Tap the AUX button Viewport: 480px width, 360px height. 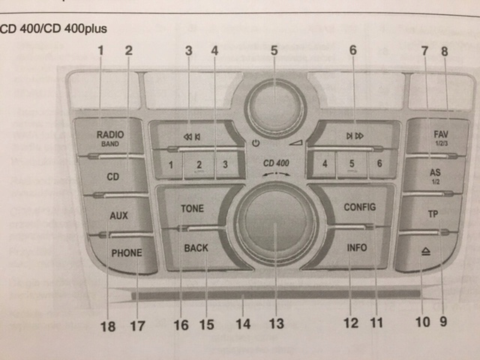pyautogui.click(x=118, y=216)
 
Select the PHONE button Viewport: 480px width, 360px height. pyautogui.click(x=127, y=253)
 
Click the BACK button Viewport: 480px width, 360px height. pyautogui.click(x=196, y=247)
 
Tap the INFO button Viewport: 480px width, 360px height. pyautogui.click(x=357, y=247)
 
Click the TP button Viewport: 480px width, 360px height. pyautogui.click(x=432, y=214)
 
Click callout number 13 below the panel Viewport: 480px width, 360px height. pyautogui.click(x=277, y=324)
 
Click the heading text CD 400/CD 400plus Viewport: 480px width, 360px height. pyautogui.click(x=54, y=29)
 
